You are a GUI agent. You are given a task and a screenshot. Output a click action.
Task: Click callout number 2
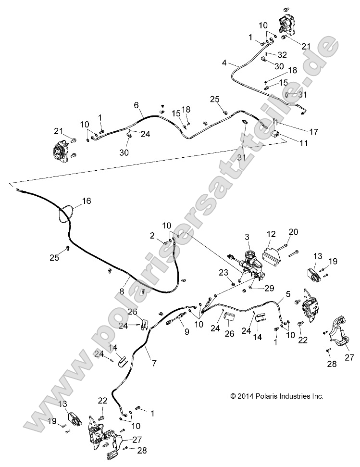coord(152,235)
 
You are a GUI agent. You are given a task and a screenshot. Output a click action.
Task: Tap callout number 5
coord(288,293)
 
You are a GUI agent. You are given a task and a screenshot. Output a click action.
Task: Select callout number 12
coord(272,234)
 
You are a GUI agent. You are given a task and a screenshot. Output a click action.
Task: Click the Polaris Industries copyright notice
coord(276,396)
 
